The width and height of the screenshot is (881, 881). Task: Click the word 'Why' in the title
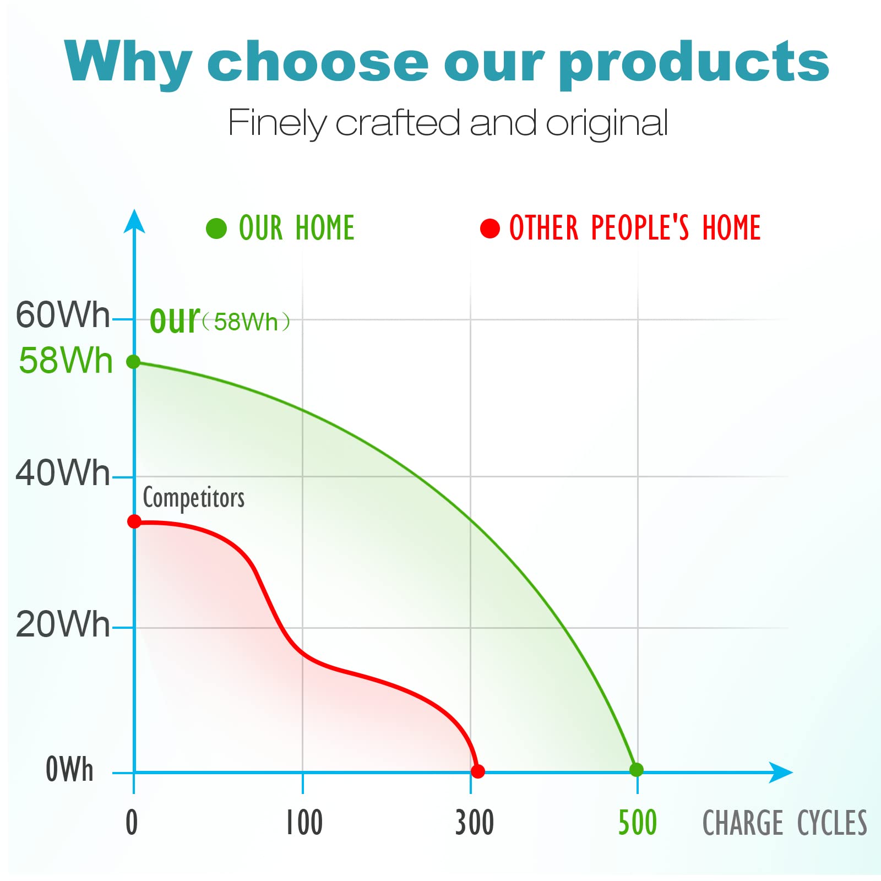[x=128, y=62]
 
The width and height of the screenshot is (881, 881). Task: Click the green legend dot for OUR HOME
[x=216, y=229]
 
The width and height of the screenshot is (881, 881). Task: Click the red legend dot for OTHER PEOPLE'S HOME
[x=490, y=228]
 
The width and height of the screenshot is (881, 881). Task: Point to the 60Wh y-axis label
[x=63, y=315]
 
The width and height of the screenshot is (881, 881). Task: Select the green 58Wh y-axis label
[x=66, y=361]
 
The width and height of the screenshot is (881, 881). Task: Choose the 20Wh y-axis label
[x=63, y=624]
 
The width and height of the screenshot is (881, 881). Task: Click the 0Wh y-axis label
[x=69, y=769]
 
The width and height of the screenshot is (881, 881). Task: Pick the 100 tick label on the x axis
[x=304, y=823]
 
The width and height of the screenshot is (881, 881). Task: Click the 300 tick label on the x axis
[x=475, y=823]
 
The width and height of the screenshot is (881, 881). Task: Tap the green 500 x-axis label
[x=638, y=823]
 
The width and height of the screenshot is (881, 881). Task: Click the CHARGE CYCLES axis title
[x=785, y=823]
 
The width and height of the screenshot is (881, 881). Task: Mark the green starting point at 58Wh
[x=134, y=362]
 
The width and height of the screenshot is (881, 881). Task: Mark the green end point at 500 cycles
[x=637, y=770]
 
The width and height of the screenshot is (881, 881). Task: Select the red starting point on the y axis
[x=134, y=521]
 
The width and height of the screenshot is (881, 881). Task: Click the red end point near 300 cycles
[x=478, y=771]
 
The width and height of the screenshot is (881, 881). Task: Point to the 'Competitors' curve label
[x=194, y=498]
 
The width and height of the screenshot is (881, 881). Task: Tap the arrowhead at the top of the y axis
[x=134, y=221]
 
